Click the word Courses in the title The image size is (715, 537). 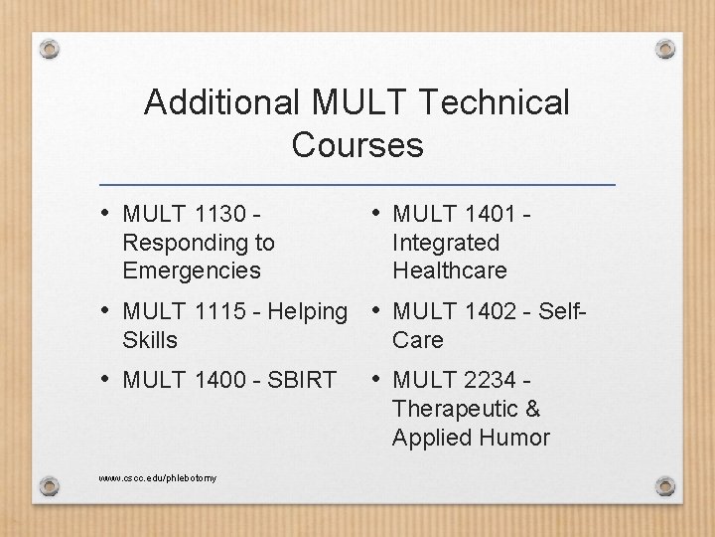(x=357, y=145)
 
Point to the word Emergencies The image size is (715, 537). (x=192, y=269)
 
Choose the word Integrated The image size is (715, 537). (x=446, y=242)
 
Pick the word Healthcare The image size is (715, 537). (x=450, y=269)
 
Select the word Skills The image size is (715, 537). (x=150, y=339)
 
